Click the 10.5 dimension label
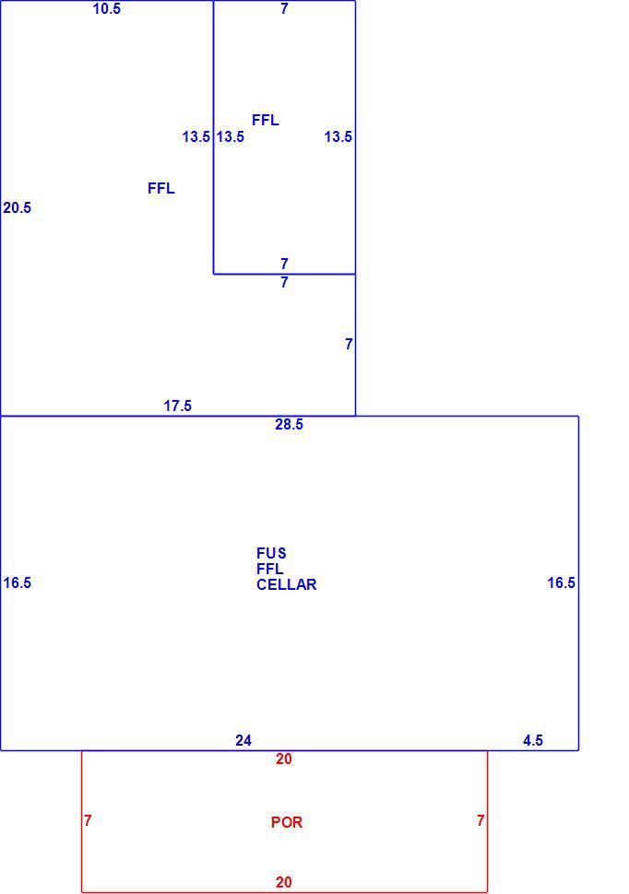coord(107,8)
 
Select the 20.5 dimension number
coord(18,208)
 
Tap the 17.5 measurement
coord(177,406)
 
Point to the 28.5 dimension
coord(290,425)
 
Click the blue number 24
coord(243,741)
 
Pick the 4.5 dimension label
coord(533,741)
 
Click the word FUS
coord(272,554)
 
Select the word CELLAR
coord(287,585)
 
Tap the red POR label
coord(287,822)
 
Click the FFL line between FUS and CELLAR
coord(270,569)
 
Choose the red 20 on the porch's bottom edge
coord(284,883)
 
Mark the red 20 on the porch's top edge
coord(284,759)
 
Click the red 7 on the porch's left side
coord(88,820)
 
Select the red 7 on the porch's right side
coord(481,820)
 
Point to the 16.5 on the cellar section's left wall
coord(18,582)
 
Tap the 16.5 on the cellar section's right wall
coord(562,582)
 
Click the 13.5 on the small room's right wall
coord(338,136)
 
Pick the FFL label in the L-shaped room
coord(161,189)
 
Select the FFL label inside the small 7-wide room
coord(266,121)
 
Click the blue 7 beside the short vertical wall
coord(349,345)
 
